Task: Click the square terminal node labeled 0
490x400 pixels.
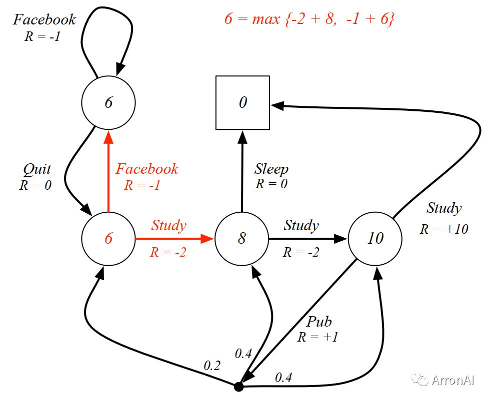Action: [243, 102]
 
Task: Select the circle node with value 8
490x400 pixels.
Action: [242, 239]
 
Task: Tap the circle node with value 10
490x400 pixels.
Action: [375, 239]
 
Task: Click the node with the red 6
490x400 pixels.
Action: [108, 239]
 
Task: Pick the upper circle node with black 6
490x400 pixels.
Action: [108, 102]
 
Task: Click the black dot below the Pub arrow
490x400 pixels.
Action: [239, 387]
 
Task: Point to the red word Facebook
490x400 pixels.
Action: [147, 169]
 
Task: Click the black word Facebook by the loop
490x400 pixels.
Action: [44, 19]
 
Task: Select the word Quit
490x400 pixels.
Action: [37, 169]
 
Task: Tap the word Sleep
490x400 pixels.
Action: [271, 169]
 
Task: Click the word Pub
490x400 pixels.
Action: [319, 322]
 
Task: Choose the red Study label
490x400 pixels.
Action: [169, 225]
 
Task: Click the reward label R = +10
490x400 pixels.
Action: [444, 229]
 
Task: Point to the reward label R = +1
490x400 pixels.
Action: [318, 337]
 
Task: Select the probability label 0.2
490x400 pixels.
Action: [212, 366]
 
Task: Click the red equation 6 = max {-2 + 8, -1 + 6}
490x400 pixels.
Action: [309, 18]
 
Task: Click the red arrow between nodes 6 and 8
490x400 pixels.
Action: [174, 239]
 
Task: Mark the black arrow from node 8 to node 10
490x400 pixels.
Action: [308, 239]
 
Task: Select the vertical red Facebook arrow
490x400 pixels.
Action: [108, 172]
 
